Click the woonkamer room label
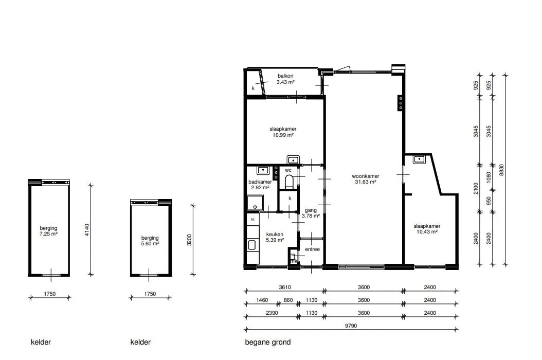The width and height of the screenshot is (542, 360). point(366,176)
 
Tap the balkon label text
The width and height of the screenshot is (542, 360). point(285,76)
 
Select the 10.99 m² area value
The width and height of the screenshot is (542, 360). point(283,135)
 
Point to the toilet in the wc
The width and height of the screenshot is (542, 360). point(289,182)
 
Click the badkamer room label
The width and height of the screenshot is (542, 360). point(260,182)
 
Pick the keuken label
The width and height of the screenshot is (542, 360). point(275,234)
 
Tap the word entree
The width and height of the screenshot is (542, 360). point(312,249)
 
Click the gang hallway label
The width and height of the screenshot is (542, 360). point(311,210)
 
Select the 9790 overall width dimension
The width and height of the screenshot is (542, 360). point(351,326)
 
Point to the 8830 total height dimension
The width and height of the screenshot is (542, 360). point(501,170)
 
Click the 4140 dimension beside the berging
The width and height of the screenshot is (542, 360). point(87,230)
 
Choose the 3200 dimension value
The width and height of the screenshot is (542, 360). point(189,240)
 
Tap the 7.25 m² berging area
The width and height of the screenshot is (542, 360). point(48,234)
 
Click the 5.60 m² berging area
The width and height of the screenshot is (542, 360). point(150,243)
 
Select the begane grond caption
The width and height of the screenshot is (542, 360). point(268,342)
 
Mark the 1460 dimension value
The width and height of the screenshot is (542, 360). point(262,300)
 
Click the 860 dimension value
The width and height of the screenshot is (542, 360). point(288,300)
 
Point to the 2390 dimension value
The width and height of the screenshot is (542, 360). point(272,313)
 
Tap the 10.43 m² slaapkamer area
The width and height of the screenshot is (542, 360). point(427,232)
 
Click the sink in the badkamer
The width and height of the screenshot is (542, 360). point(263,170)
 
